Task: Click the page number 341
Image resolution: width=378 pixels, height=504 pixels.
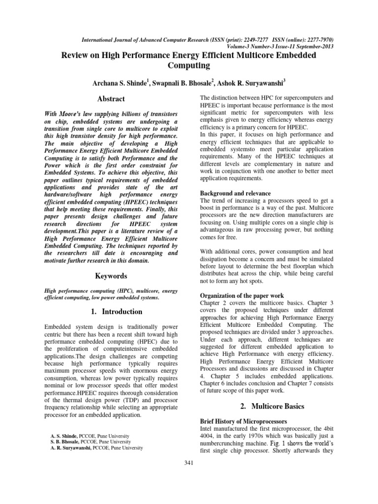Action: tap(189, 463)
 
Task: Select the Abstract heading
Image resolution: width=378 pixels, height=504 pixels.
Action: tap(111, 99)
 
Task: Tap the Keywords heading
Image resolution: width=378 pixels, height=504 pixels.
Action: tap(111, 276)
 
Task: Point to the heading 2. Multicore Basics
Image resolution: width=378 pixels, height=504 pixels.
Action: tap(266, 406)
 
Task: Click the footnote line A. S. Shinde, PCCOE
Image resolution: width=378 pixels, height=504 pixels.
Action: tap(90, 436)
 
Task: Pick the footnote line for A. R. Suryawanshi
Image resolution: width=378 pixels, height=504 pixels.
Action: tap(97, 448)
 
